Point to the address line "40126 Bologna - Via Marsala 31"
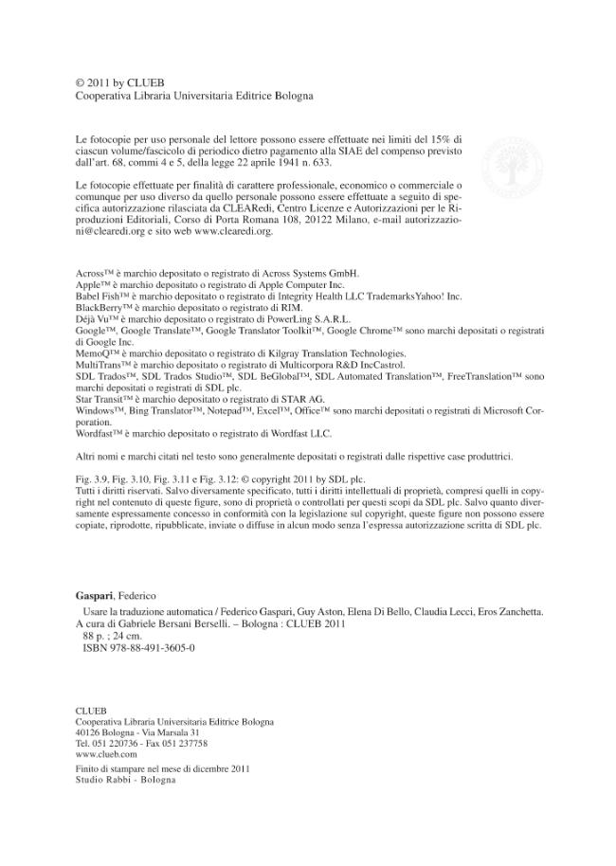tap(136, 732)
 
